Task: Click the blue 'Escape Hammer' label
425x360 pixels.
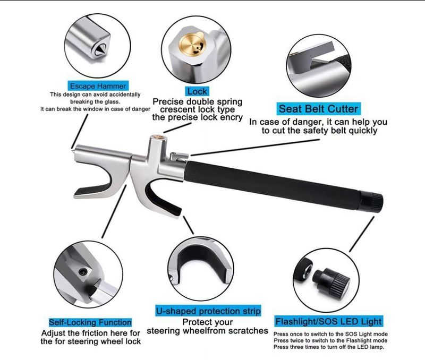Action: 97,85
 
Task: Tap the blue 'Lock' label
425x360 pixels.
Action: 197,91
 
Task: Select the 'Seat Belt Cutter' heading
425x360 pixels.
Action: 319,109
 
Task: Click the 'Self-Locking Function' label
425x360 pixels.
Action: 90,322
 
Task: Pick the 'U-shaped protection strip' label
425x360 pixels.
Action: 208,311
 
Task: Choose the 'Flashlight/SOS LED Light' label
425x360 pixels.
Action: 328,321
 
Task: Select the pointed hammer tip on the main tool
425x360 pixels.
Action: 73,148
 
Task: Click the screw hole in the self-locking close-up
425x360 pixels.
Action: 82,271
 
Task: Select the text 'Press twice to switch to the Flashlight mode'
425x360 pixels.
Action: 330,340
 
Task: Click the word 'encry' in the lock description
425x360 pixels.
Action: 230,118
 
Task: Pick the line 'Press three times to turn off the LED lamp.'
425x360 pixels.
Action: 328,347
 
